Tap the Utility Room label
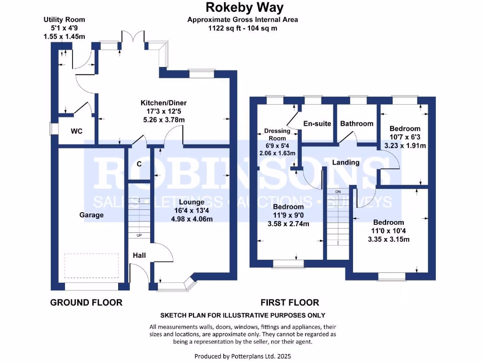pos(64,20)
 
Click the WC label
pos(77,131)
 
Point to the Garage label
pos(91,215)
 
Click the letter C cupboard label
pos(139,164)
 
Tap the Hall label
pos(139,255)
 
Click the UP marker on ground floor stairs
pos(139,235)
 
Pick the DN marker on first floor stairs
pos(338,192)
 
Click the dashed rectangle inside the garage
pos(91,265)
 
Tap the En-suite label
pos(315,123)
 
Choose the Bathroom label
pos(356,123)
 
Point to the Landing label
pos(345,162)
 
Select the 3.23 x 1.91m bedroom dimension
pos(405,146)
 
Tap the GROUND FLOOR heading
pos(86,303)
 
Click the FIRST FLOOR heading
pos(290,303)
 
